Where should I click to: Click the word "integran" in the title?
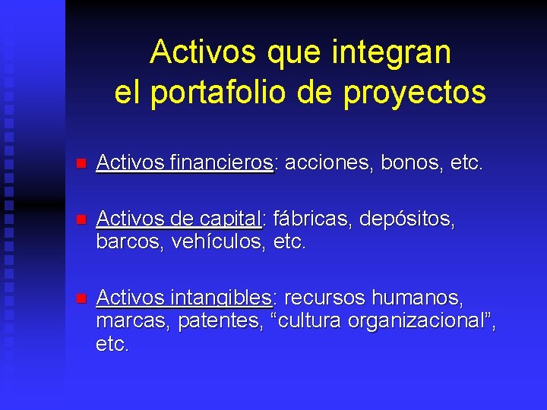pos(391,52)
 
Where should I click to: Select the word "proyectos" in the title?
pos(415,93)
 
